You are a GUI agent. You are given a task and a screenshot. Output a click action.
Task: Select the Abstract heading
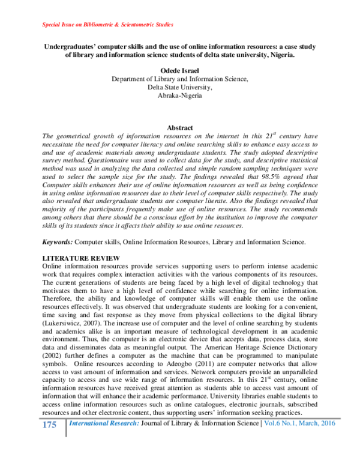tap(180, 128)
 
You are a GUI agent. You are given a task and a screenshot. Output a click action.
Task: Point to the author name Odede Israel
tap(180, 71)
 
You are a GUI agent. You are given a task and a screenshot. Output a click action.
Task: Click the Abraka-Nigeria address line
tap(180, 95)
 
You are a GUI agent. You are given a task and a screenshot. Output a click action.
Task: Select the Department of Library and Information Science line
tap(180, 79)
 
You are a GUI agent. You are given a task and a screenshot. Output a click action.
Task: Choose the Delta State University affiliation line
tap(180, 88)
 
